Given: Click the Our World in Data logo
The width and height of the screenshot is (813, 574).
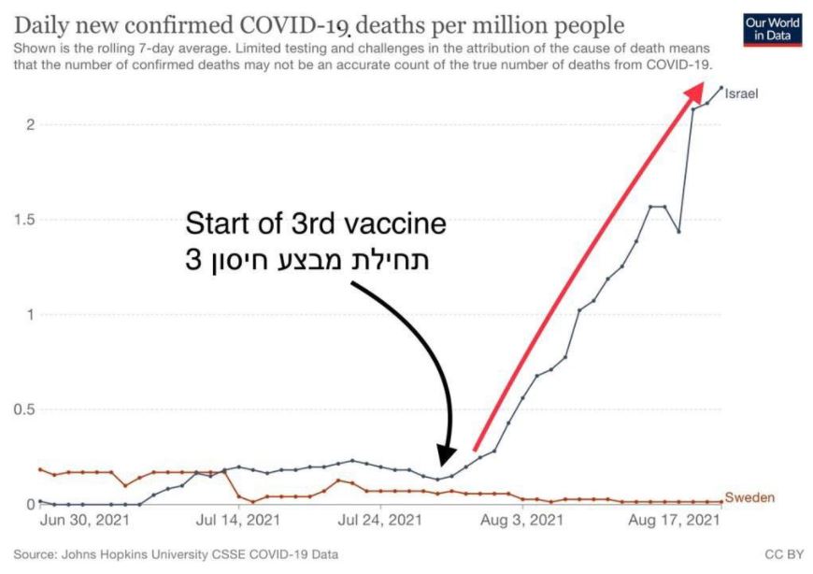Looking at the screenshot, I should [x=771, y=30].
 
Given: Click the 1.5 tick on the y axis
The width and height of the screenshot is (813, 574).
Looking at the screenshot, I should [x=22, y=220].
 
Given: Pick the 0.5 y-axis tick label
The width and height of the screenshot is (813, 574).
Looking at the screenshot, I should [x=22, y=409].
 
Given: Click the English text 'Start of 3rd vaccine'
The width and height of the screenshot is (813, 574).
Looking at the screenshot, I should [x=315, y=225].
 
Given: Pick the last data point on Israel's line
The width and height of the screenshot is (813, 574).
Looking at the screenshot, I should [x=720, y=88].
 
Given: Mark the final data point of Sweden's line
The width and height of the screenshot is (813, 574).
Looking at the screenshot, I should [x=720, y=502].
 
